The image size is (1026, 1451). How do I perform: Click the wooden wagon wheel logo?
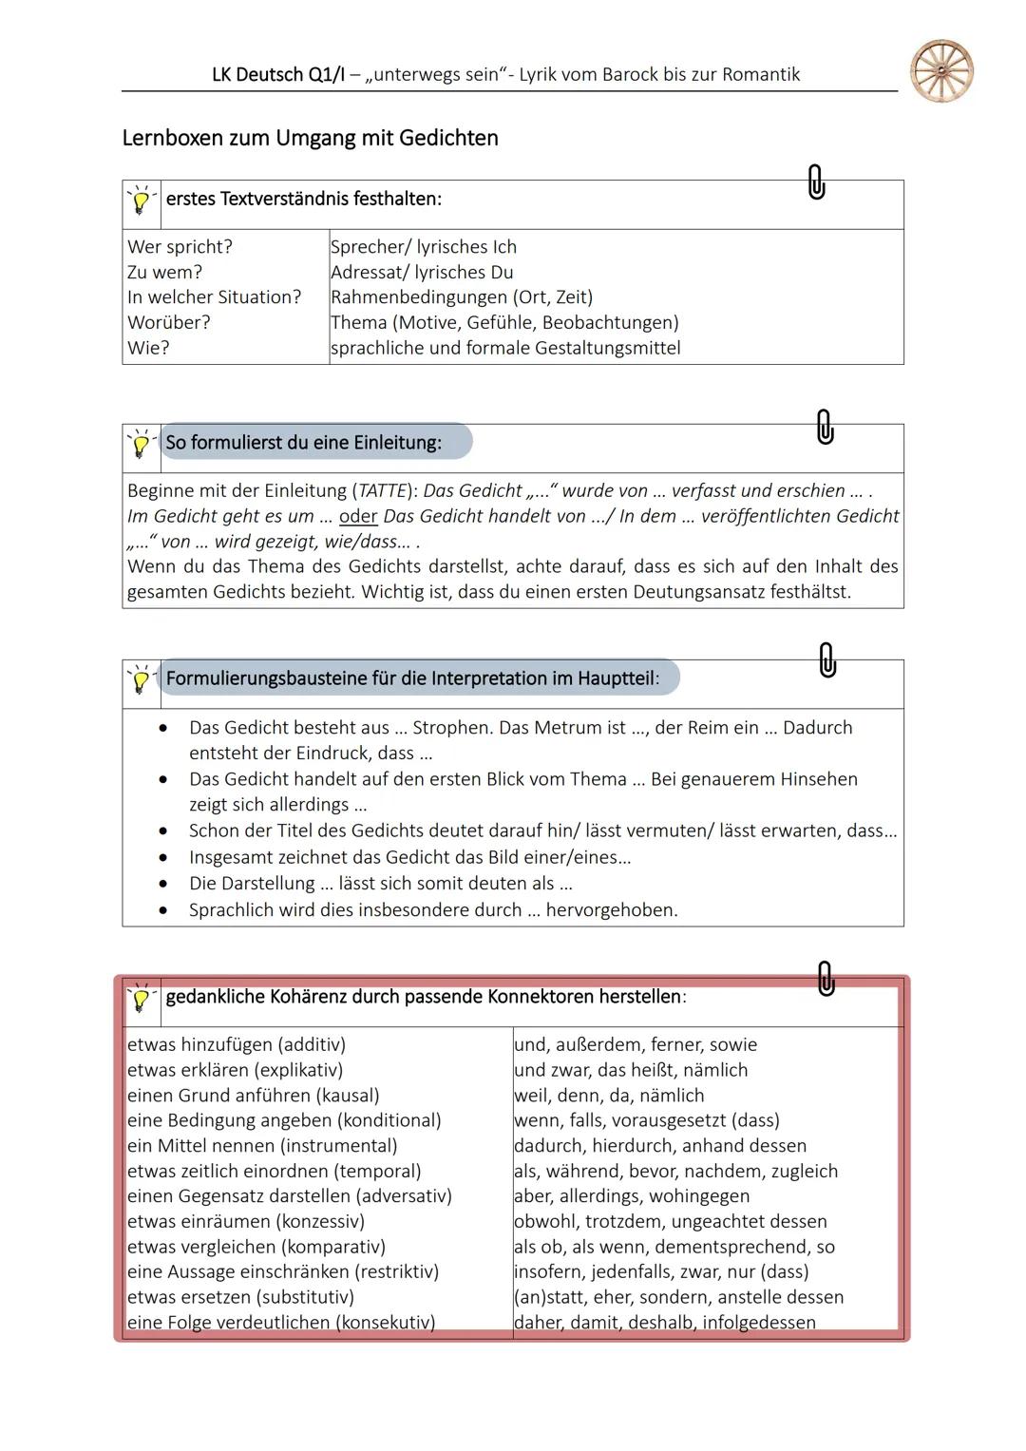[941, 71]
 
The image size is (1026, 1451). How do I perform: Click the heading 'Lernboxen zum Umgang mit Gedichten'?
[310, 139]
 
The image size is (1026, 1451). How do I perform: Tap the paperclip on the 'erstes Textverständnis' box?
[816, 181]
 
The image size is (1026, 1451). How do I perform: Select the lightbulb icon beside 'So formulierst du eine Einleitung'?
[142, 444]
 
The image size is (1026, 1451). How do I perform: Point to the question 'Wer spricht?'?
[180, 247]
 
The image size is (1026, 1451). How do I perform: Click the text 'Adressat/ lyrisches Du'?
[422, 273]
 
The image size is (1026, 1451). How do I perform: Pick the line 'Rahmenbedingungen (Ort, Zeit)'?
[462, 297]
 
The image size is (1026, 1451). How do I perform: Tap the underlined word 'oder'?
[358, 517]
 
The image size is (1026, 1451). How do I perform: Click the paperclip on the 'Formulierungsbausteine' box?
[827, 659]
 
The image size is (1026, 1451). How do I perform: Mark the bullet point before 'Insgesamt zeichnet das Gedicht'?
[164, 858]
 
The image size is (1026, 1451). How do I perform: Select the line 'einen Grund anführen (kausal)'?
[254, 1096]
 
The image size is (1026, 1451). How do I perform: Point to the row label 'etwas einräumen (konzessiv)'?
[246, 1222]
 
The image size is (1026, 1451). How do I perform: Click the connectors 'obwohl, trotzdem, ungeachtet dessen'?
[670, 1222]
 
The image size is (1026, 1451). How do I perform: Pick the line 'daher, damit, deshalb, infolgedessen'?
[664, 1323]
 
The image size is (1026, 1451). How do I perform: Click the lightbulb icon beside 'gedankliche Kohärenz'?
[142, 999]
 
